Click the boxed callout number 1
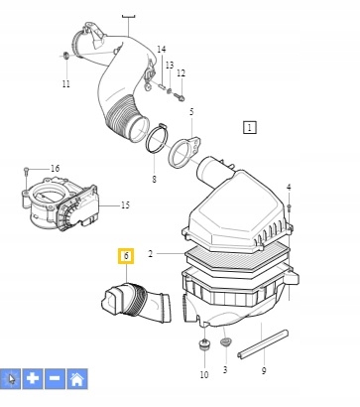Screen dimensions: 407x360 pos(249,127)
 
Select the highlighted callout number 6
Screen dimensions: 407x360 pos(126,256)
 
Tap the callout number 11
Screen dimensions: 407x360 pos(65,84)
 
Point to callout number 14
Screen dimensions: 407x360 pos(161,50)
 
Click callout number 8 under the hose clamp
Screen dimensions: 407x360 pos(154,179)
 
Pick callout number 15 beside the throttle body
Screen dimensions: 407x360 pos(125,205)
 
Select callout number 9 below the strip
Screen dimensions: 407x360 pos(263,370)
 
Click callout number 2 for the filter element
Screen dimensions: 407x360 pos(151,254)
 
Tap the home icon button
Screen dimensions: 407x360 pos(76,378)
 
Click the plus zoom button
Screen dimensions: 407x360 pos(33,378)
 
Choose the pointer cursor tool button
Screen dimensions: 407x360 pos(11,378)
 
